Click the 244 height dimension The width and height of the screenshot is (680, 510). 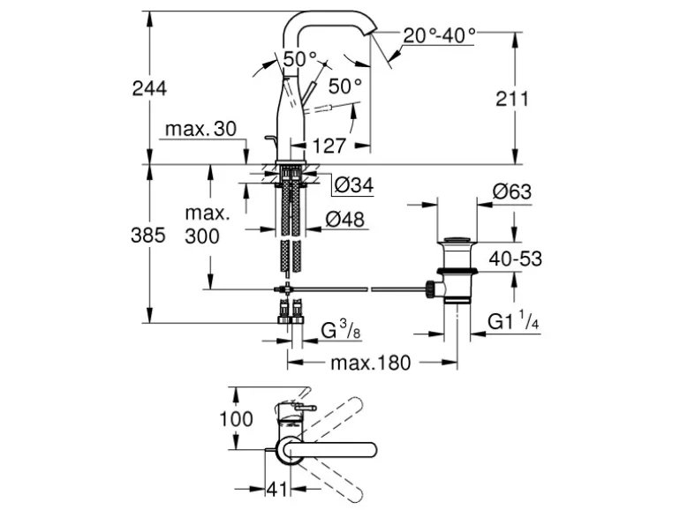coord(149,88)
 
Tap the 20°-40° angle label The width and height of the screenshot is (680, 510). coord(439,35)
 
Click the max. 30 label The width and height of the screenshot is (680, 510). coord(200,129)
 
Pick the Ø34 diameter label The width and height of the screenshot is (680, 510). coord(355,186)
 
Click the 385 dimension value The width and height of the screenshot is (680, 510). coord(149,236)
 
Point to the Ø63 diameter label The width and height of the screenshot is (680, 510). coord(512,190)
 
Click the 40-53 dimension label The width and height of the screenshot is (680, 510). coord(516,259)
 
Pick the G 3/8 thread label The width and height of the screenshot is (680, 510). coord(339,332)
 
